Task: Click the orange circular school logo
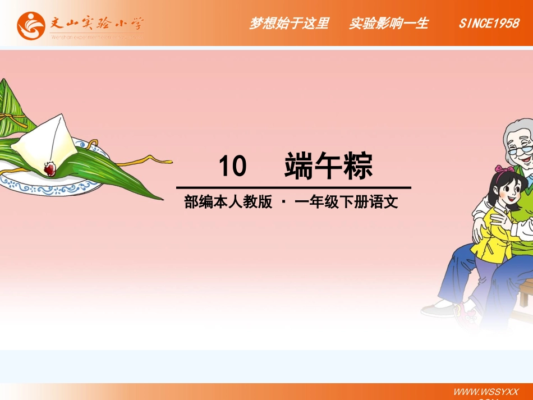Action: (x=31, y=25)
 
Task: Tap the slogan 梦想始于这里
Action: (x=289, y=24)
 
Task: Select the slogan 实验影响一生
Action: (x=388, y=24)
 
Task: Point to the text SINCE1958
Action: (x=489, y=24)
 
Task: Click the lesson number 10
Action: (x=232, y=167)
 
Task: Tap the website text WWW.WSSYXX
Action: (x=485, y=390)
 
